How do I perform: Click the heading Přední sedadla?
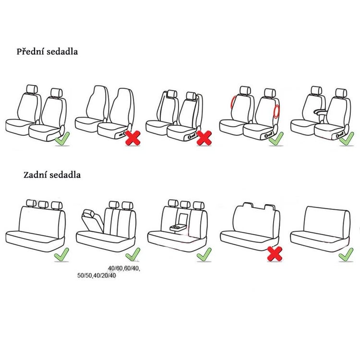tap(47, 52)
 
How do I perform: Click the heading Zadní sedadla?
tap(52, 175)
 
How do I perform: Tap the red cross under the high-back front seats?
tap(133, 138)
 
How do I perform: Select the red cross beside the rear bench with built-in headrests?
tap(275, 254)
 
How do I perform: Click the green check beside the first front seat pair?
tap(62, 139)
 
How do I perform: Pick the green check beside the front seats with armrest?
tap(347, 138)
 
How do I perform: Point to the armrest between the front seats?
tap(322, 111)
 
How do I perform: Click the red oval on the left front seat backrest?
tap(233, 102)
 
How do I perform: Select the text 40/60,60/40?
tap(124, 268)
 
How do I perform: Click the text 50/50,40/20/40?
tap(96, 276)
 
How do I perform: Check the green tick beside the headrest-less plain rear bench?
tap(346, 254)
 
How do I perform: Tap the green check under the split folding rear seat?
tap(132, 254)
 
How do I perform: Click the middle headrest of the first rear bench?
tap(43, 204)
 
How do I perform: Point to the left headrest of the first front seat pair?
tap(32, 89)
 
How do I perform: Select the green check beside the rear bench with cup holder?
tap(204, 254)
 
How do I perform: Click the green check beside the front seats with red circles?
tap(276, 138)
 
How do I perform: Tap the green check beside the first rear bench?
tap(61, 254)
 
